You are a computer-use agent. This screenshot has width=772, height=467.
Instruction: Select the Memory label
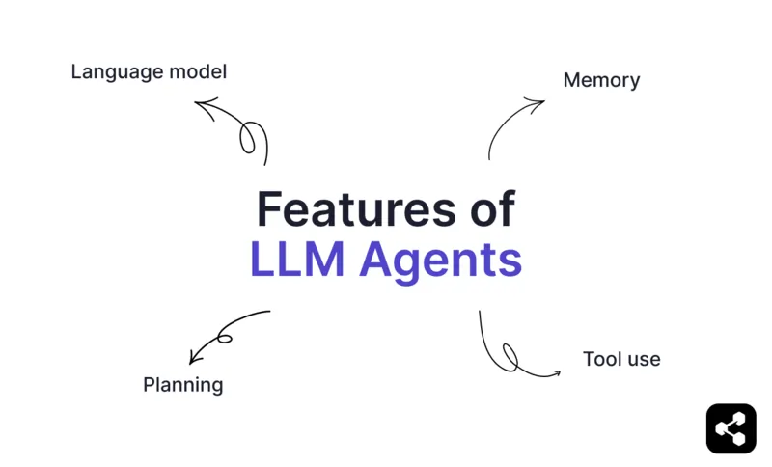point(601,80)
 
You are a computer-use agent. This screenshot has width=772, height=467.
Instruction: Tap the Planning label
point(182,385)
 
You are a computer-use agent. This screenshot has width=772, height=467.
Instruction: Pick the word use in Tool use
point(643,360)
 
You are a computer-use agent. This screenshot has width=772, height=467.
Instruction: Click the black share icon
point(731,427)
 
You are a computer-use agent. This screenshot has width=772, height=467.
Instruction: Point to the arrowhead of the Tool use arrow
point(555,373)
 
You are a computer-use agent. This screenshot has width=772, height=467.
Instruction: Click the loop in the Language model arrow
point(248,138)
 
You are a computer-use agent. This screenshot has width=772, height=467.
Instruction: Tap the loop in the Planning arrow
point(225,338)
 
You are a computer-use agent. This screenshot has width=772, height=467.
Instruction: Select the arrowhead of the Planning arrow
point(194,357)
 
